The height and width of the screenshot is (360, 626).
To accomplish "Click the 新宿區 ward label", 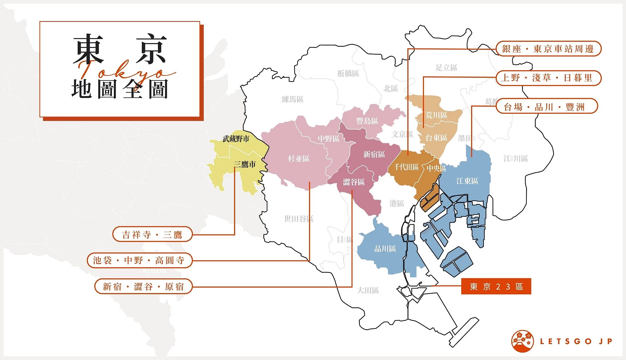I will click(374, 154).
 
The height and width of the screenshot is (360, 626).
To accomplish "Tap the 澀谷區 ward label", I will click(354, 182).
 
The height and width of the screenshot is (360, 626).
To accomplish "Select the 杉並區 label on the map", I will click(299, 159).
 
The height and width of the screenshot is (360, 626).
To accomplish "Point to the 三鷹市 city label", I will click(245, 164).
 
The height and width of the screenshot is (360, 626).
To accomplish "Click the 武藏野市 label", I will click(236, 139).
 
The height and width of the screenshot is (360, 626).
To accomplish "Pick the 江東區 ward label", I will click(467, 181).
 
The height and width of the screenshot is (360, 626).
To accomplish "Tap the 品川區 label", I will click(385, 249).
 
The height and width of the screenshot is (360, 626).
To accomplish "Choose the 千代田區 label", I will click(406, 167).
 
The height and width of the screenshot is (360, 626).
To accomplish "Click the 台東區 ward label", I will click(436, 138).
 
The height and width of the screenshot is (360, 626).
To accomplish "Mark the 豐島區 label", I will click(367, 121).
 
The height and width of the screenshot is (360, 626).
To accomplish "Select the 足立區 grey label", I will click(446, 67).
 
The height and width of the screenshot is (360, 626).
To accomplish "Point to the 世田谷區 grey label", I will click(299, 219).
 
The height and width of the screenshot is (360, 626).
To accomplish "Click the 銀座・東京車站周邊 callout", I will click(548, 49).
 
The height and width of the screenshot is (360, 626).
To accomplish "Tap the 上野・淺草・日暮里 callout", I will click(548, 78).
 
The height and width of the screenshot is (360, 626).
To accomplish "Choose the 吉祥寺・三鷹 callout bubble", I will click(152, 234).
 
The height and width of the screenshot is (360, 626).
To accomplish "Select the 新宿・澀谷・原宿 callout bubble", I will click(143, 287).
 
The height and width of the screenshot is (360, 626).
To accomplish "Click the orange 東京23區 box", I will click(496, 286).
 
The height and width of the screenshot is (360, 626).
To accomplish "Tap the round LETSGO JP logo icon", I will click(522, 341).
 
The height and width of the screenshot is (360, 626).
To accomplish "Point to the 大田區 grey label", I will click(368, 290).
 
